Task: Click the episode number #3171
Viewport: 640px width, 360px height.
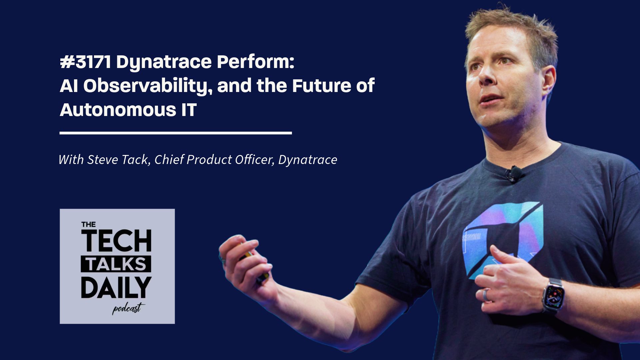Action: point(85,62)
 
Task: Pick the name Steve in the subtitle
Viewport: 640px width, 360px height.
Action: point(103,160)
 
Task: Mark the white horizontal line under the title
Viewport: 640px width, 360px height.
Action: point(176,133)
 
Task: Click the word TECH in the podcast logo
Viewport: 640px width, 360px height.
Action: point(116,241)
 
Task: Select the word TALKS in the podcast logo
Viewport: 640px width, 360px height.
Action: point(116,264)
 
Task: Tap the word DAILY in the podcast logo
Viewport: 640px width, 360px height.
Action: point(116,287)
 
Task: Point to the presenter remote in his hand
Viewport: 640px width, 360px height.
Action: point(255,265)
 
